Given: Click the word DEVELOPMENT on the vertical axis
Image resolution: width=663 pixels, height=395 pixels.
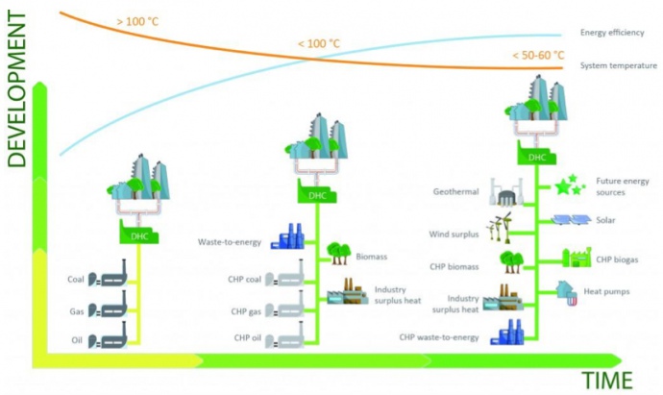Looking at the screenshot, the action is (17, 89).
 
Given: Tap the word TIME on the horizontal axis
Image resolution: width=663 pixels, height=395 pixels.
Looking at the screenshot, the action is (607, 381).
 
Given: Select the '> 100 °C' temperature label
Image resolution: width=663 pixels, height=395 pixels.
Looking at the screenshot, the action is (137, 21).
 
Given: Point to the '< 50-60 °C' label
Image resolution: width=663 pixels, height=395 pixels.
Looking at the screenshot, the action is (538, 56).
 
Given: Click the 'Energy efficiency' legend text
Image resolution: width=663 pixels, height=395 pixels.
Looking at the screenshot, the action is (612, 33).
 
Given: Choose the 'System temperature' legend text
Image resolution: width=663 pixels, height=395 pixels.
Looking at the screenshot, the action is (619, 65).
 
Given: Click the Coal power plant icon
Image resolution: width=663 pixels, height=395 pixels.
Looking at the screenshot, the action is (108, 274).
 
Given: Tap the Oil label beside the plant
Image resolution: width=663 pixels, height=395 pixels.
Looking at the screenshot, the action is (77, 340).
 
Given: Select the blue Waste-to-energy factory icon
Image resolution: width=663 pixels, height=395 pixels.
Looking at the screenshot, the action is (287, 236).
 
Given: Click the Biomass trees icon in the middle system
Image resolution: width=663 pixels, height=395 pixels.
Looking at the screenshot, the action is (339, 254).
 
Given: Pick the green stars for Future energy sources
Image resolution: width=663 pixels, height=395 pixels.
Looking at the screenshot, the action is (569, 185).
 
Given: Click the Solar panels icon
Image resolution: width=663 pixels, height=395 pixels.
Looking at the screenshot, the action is (572, 220).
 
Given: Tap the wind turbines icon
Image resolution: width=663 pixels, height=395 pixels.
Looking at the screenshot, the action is (499, 227).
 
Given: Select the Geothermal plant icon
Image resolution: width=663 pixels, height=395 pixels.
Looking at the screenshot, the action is (506, 192).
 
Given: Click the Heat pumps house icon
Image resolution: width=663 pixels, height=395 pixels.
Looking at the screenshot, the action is (567, 293).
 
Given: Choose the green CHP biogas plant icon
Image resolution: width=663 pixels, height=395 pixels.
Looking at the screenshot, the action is (577, 258).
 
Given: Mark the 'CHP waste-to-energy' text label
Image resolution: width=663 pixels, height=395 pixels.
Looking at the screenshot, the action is (439, 337).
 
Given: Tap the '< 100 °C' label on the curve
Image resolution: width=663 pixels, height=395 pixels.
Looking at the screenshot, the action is (319, 43).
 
